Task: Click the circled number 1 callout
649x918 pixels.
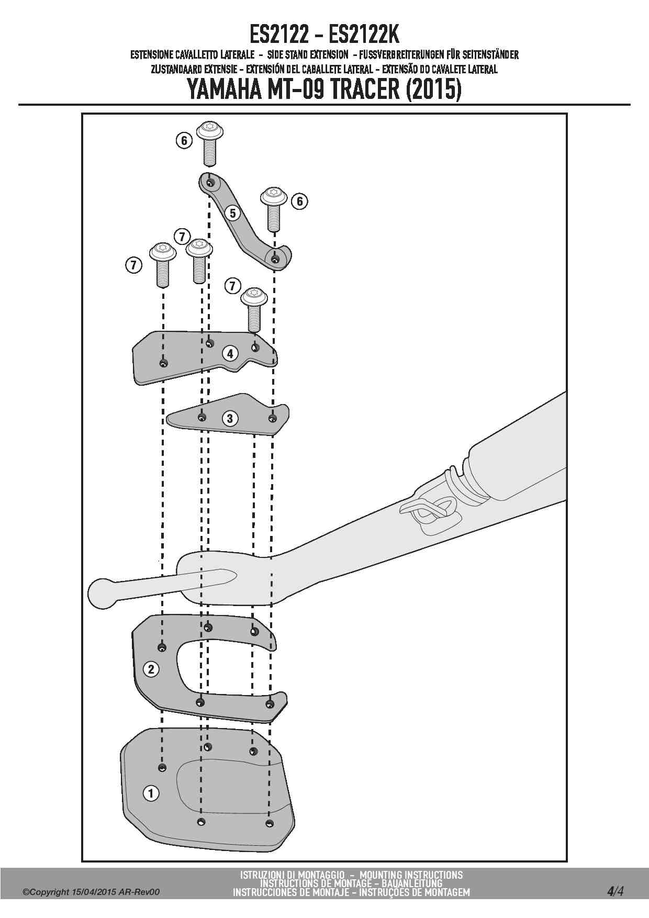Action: coord(151,793)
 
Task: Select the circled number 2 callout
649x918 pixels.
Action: coord(151,669)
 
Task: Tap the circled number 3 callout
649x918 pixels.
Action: coord(229,418)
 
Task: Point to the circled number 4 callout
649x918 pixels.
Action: coord(230,353)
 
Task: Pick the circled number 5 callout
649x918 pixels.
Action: coord(233,212)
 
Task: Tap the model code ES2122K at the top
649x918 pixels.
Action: coord(364,36)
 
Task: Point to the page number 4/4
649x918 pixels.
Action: coord(616,891)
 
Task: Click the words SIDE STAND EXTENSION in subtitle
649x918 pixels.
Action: coord(307,54)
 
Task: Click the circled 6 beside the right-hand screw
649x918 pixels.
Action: coord(299,201)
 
